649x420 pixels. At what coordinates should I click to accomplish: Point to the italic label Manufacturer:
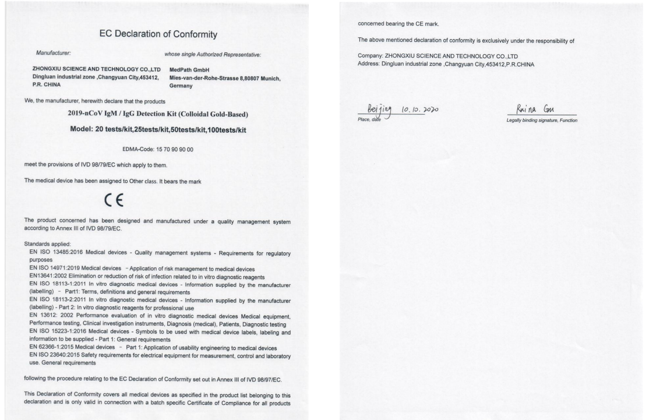pyautogui.click(x=52, y=54)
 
